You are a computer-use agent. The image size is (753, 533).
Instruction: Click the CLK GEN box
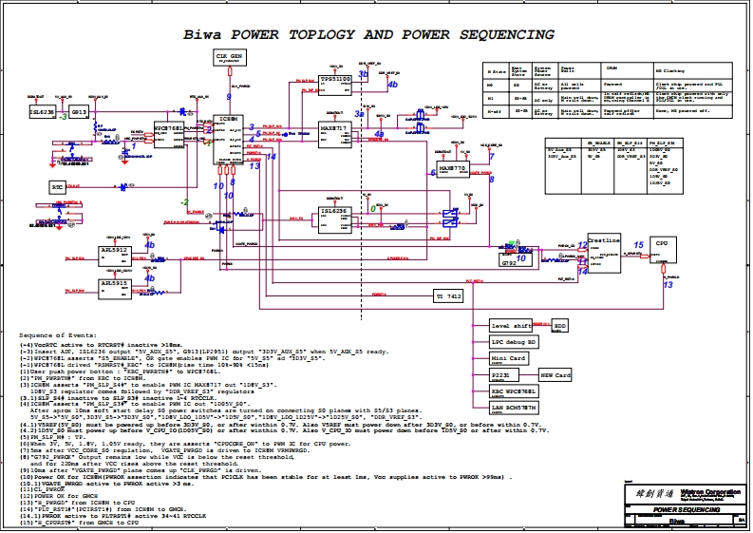coord(229,60)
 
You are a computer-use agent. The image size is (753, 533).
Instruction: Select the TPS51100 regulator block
coord(335,83)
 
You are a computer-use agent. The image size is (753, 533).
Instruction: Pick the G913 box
coord(80,112)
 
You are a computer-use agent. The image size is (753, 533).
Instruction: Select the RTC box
coord(58,188)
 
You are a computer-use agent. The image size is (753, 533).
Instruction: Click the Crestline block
coord(604,253)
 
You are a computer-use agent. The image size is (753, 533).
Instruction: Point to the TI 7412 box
coord(449,297)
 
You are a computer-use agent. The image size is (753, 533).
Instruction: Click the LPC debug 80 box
coord(513,342)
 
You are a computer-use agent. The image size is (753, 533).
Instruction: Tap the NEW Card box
coord(555,375)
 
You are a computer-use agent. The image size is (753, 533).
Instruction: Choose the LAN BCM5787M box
coord(513,408)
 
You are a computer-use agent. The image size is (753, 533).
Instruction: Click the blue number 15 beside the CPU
coord(638,244)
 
